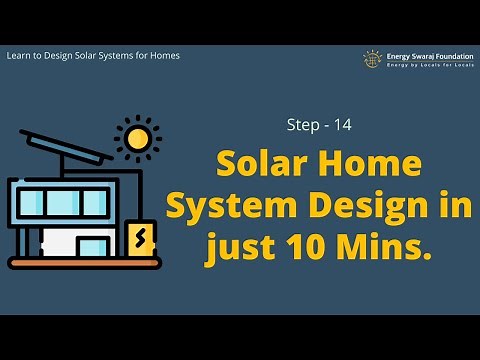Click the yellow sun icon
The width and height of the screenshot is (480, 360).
pos(137,137)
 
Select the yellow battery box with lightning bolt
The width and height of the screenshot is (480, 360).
pos(142,239)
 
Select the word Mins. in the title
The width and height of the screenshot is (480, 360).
pos(386,245)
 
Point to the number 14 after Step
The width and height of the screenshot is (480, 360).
pos(343,127)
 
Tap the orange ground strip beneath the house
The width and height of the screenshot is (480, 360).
pos(84,263)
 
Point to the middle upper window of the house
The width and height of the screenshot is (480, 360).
pos(64,202)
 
